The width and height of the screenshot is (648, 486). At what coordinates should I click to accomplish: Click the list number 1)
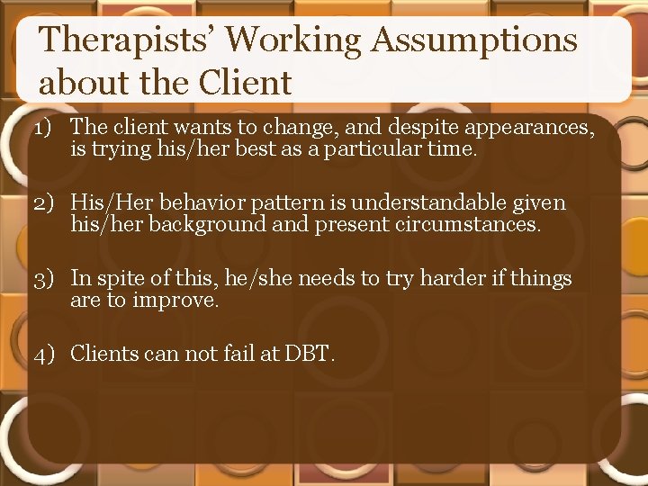48,129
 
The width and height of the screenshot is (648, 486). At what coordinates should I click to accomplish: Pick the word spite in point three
123,279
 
